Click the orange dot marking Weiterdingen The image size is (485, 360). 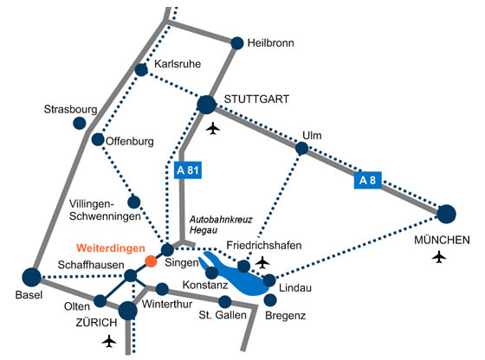[151, 261]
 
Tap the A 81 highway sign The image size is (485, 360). [188, 170]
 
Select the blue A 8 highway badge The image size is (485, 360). [367, 180]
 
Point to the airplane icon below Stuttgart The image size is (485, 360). [213, 128]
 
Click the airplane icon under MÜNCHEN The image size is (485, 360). [439, 257]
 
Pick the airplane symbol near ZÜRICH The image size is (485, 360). [109, 341]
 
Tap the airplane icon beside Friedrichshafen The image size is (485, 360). [262, 262]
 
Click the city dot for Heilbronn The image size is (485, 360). [237, 43]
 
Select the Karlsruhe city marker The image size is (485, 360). [141, 70]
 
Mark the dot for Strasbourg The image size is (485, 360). [80, 123]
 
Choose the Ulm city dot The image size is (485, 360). [301, 148]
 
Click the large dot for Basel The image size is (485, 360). [31, 277]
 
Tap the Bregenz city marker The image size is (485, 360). [270, 299]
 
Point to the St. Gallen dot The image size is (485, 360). [225, 302]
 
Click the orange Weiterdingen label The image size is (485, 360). [111, 248]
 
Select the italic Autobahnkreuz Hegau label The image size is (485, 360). [221, 225]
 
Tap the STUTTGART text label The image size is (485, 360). [256, 100]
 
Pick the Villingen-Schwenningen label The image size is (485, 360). [105, 210]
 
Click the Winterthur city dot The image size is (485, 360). [162, 289]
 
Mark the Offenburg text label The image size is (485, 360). [130, 142]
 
